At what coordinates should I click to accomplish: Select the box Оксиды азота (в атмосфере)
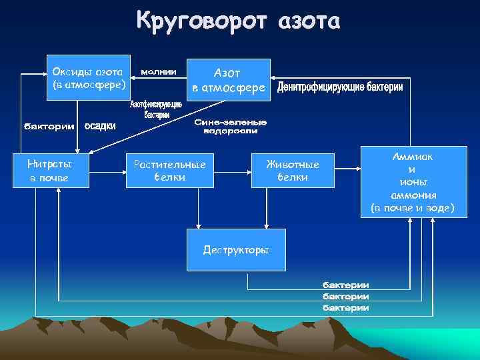click(x=89, y=77)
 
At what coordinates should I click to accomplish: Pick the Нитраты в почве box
click(x=50, y=171)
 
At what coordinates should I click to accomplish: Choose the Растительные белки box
click(x=170, y=171)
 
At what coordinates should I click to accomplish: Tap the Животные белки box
click(x=292, y=171)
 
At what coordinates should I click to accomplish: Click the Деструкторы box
click(x=236, y=250)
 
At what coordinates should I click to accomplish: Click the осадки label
click(x=100, y=127)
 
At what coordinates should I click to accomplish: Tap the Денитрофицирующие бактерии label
click(x=340, y=89)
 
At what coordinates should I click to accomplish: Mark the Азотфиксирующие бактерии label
click(x=155, y=110)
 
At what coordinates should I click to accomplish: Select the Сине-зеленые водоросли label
click(x=231, y=127)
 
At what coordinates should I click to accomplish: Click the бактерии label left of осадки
click(x=49, y=127)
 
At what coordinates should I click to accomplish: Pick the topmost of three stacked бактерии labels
click(x=346, y=285)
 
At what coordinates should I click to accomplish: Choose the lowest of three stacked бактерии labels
click(x=346, y=307)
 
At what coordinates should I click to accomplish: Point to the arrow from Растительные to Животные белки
click(x=233, y=171)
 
